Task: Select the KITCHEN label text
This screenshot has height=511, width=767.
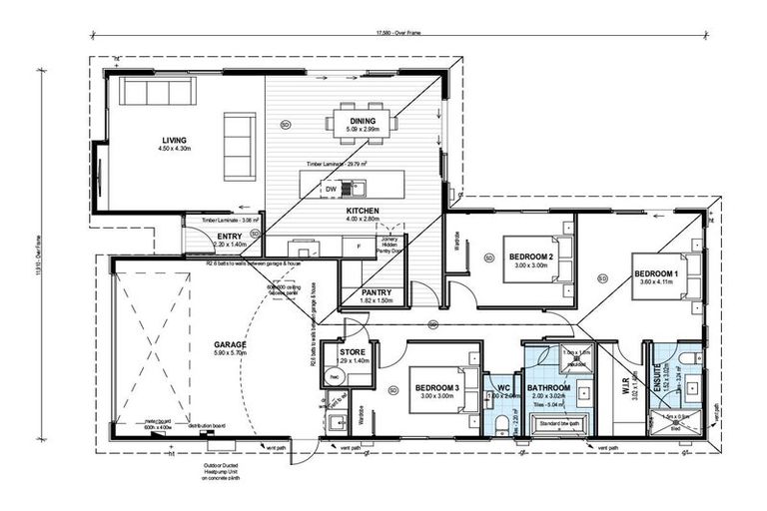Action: (362, 212)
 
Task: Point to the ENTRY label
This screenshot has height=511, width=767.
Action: (231, 236)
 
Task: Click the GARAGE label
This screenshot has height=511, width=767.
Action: (230, 344)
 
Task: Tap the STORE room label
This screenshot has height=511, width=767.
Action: (354, 351)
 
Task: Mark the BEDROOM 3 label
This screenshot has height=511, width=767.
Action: (436, 387)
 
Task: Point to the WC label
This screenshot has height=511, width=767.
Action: (503, 387)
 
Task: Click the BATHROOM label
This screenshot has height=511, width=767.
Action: (547, 387)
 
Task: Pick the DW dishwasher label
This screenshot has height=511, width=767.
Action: (331, 188)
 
